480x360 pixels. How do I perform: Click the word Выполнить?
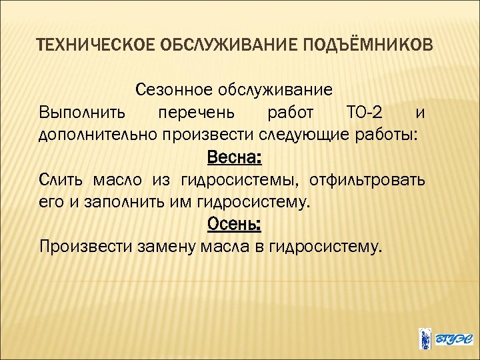(x=79, y=112)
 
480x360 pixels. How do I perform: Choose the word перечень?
(x=193, y=112)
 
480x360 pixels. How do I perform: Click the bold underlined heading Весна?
(x=235, y=158)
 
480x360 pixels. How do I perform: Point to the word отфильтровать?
(x=372, y=180)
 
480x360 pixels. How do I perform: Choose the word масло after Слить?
(x=115, y=180)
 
